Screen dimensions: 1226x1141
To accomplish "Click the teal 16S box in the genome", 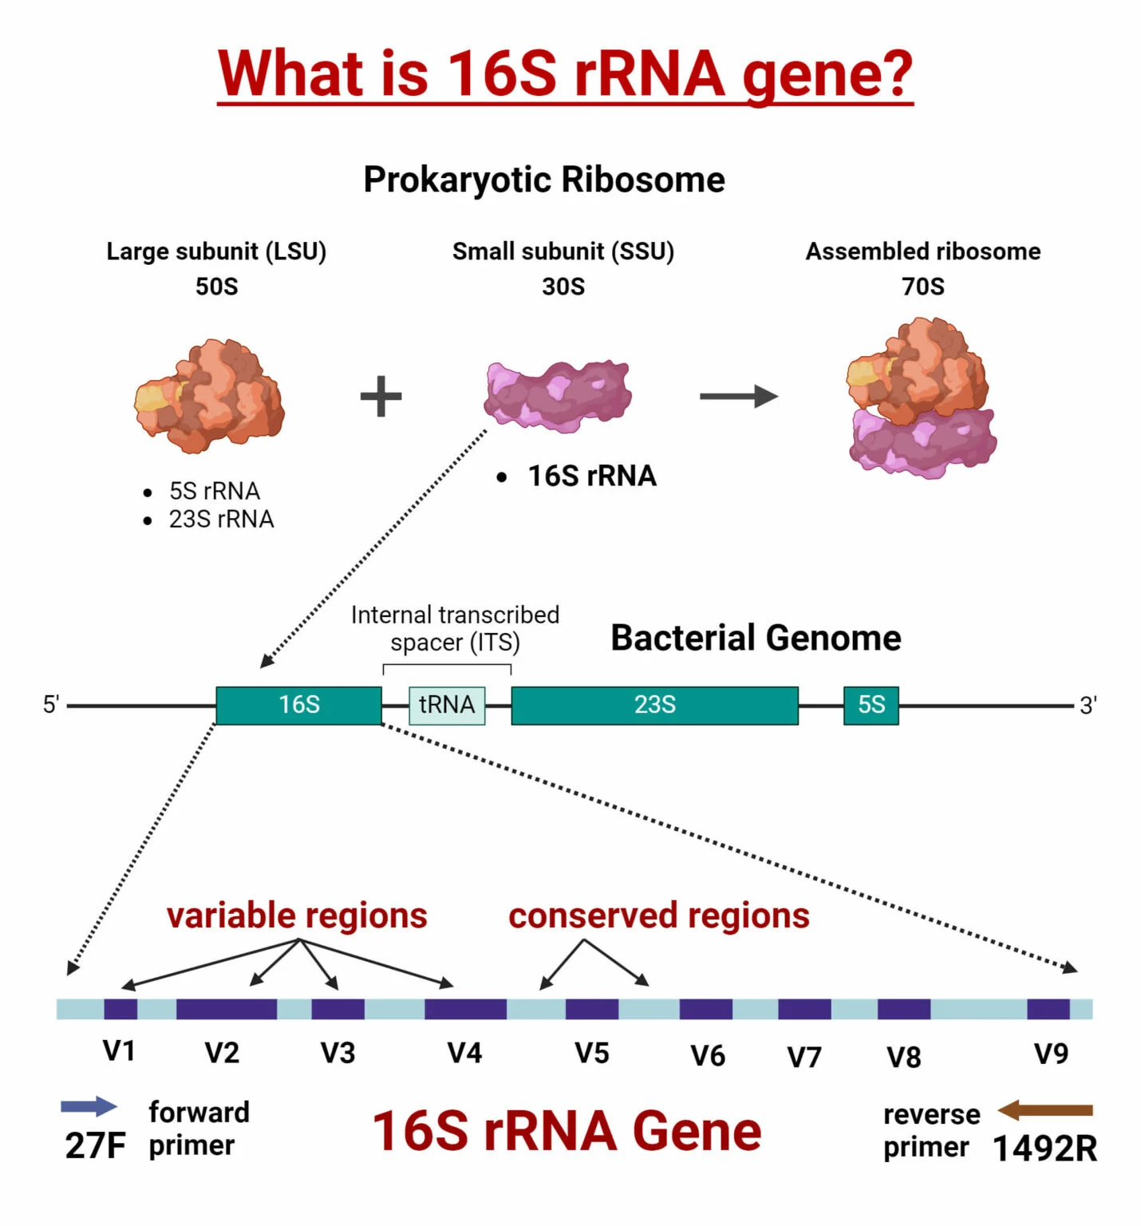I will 298,705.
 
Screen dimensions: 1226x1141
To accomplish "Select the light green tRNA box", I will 447,705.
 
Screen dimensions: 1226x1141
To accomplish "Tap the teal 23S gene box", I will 654,705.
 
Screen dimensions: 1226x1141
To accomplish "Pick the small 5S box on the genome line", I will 871,705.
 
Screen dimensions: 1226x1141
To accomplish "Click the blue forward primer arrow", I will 89,1106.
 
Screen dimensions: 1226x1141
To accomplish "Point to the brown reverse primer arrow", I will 1044,1109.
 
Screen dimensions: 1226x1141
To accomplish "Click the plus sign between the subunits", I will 381,397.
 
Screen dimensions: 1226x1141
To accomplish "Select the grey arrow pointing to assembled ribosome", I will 738,397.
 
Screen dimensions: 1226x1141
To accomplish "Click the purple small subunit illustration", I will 558,395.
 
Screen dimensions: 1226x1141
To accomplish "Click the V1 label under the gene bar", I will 119,1051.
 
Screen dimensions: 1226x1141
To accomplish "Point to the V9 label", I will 1051,1054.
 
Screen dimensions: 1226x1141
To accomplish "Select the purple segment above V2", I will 226,1009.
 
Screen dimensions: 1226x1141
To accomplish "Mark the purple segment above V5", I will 591,1009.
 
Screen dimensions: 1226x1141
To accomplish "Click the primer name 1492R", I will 1044,1149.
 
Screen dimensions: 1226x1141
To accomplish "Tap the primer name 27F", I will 95,1146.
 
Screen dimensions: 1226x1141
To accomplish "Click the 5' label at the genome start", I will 51,705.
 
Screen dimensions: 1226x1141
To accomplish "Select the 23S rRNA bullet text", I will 221,520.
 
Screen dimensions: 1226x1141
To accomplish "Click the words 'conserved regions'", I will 658,916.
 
